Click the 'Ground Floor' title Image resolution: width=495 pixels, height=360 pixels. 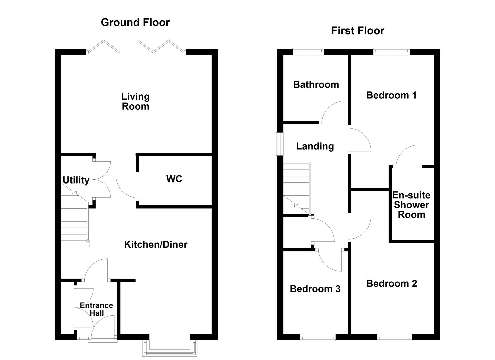(135, 22)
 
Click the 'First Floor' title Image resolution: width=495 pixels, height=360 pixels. (357, 31)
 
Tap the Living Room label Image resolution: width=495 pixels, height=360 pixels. (135, 101)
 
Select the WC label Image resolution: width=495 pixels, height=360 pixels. (174, 179)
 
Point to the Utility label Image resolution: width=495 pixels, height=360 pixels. (76, 180)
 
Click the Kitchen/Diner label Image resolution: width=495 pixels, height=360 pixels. (156, 244)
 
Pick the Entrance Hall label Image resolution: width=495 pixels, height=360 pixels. (96, 309)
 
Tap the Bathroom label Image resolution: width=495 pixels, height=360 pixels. (316, 85)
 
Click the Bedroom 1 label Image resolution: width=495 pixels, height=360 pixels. (391, 95)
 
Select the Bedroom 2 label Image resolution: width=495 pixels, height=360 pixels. (391, 283)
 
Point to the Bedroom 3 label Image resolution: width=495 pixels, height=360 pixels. (315, 289)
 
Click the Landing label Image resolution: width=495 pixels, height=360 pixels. (315, 146)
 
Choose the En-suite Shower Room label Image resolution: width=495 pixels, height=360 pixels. (411, 205)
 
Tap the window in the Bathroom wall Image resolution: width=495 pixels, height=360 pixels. (308, 51)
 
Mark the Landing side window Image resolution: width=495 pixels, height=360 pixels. (279, 144)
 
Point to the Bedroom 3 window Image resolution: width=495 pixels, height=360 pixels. (318, 338)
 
